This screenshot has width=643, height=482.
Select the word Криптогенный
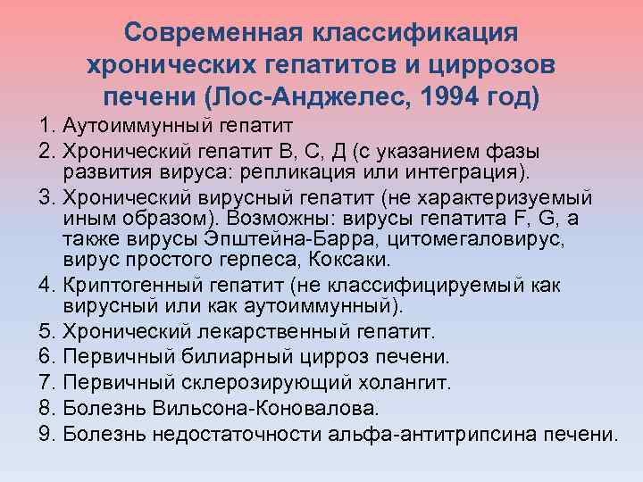139,287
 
